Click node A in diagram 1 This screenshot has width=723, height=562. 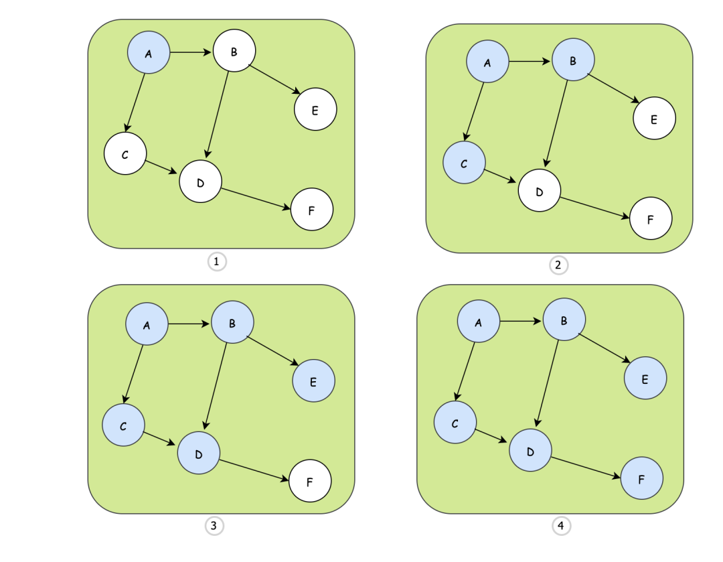pos(149,54)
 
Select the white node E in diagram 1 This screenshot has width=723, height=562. pos(315,109)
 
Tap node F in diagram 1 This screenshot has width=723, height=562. pos(312,210)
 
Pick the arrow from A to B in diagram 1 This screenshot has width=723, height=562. pos(191,52)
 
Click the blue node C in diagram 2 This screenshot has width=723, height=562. pos(464,163)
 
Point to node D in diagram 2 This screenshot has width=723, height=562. pos(540,191)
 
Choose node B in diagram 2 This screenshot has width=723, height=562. pos(573,60)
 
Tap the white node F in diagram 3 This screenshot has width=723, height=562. pos(310,480)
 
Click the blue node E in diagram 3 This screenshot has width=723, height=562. pos(313,381)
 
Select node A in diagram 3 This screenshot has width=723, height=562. pos(147,325)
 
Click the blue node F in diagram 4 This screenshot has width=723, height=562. pos(642,479)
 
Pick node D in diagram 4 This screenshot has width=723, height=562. pos(530,450)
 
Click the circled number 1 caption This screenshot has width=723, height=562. pos(216,262)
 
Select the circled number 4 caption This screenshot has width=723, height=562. pos(560,526)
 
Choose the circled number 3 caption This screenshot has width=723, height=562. pos(214,526)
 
